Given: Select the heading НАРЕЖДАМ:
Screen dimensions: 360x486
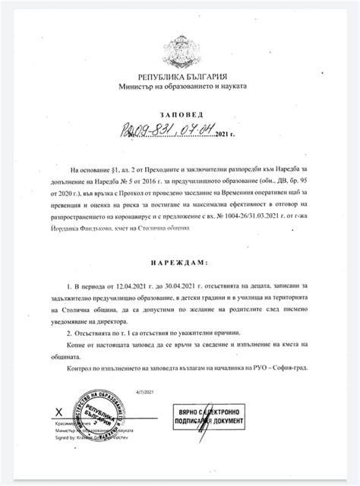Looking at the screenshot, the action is [180, 262].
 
